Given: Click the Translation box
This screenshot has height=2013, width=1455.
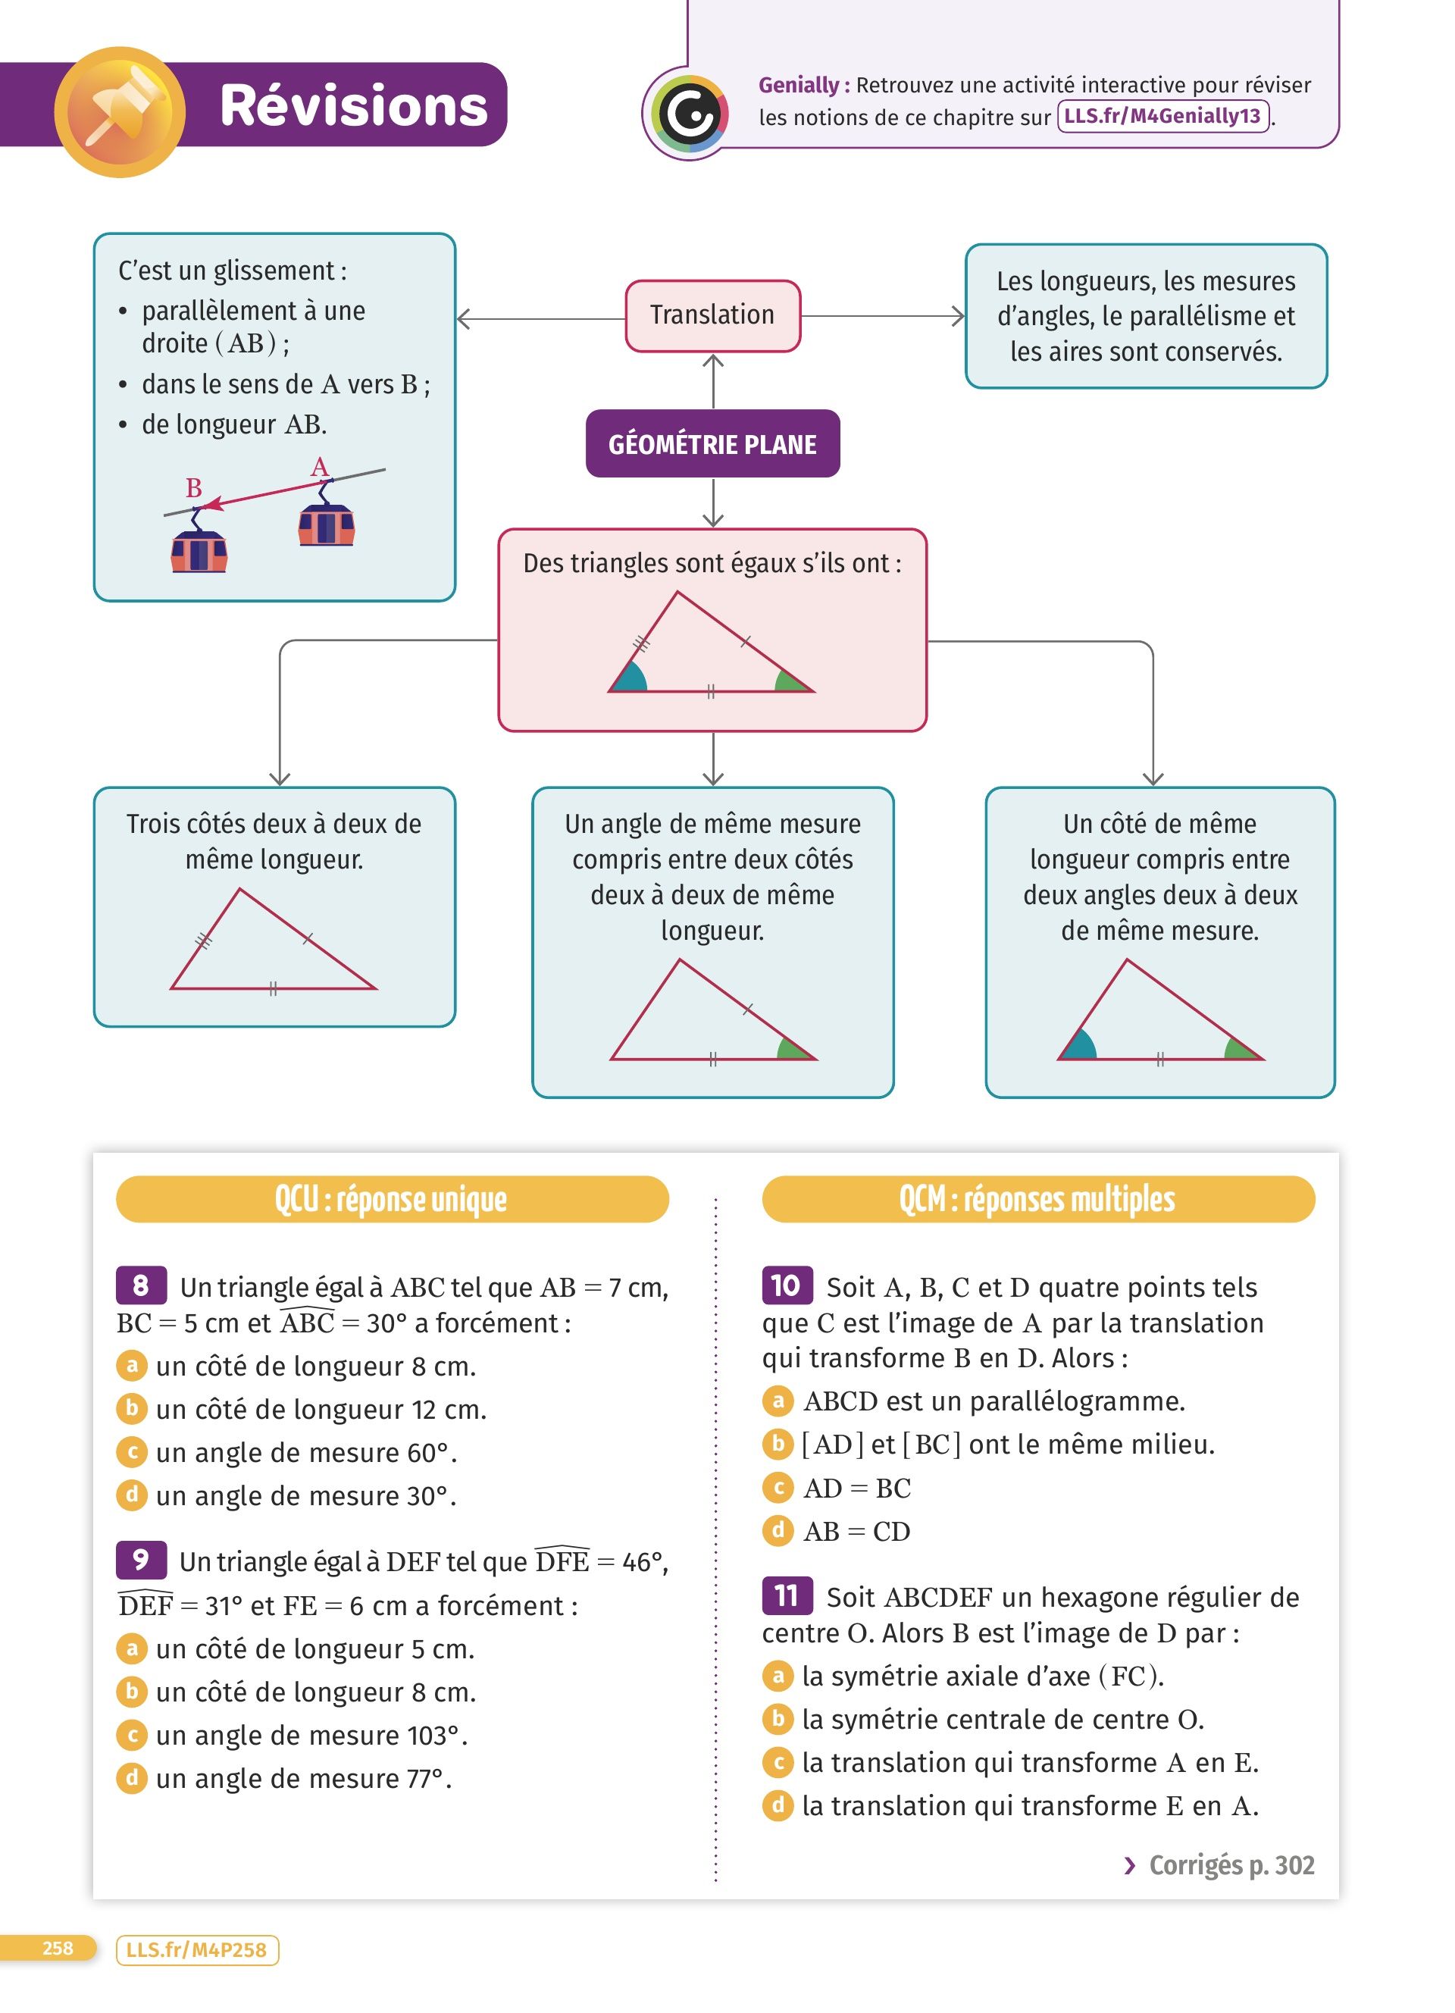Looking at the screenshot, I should click(x=712, y=315).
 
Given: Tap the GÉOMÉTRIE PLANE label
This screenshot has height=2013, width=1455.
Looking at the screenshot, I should click(x=712, y=444).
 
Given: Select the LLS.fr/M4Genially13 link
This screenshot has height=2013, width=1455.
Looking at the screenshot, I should click(x=1162, y=116).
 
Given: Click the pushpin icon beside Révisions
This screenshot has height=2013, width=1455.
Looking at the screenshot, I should click(x=120, y=111).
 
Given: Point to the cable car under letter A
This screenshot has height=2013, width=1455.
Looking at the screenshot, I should click(x=327, y=524).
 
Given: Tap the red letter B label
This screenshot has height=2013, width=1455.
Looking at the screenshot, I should click(x=193, y=488).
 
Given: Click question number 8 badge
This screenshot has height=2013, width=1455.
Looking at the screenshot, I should click(x=140, y=1285).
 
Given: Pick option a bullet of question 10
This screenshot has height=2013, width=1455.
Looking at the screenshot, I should click(x=778, y=1400).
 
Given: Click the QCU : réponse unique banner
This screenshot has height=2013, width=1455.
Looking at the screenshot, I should click(x=391, y=1199).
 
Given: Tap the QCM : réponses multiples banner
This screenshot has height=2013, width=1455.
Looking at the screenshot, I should click(x=1037, y=1199).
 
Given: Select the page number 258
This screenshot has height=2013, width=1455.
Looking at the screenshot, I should click(x=57, y=1949).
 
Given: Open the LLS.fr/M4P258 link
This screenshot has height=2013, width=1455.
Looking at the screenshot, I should click(x=196, y=1949).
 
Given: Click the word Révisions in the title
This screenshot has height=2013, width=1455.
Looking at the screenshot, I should click(x=353, y=105).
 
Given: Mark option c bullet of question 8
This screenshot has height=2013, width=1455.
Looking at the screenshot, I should click(x=131, y=1451).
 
